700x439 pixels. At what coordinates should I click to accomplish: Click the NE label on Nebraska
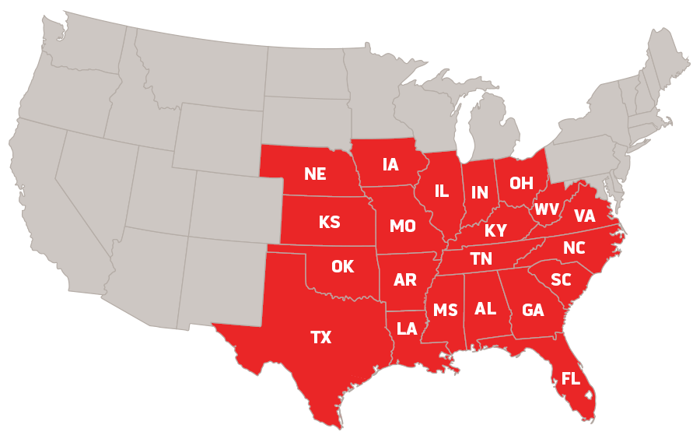[x=315, y=174]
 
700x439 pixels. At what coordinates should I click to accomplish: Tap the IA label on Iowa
[x=390, y=164]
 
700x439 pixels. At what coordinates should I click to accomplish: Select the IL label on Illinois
[x=442, y=191]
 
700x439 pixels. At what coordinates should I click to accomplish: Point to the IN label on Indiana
[x=479, y=191]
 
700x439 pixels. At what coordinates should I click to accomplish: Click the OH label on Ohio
[x=521, y=183]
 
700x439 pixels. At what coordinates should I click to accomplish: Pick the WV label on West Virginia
[x=547, y=209]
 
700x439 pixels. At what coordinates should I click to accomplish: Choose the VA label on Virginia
[x=584, y=216]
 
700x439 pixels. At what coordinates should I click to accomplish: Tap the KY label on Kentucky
[x=495, y=231]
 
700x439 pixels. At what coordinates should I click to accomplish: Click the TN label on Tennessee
[x=480, y=258]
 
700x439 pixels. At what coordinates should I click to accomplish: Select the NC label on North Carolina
[x=574, y=248]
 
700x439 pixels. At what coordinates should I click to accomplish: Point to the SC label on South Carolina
[x=561, y=279]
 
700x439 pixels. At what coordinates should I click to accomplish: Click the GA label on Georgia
[x=533, y=311]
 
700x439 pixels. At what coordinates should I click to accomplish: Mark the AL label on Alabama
[x=485, y=308]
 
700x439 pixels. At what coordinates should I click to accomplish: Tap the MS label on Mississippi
[x=446, y=311]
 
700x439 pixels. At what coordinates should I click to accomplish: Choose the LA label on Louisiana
[x=407, y=328]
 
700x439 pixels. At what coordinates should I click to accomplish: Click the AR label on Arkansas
[x=405, y=280]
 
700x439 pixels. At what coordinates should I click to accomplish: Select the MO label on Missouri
[x=402, y=227]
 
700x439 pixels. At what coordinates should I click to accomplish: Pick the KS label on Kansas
[x=329, y=222]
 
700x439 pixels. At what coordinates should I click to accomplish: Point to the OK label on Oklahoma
[x=342, y=267]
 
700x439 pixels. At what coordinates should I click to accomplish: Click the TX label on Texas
[x=320, y=337]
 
